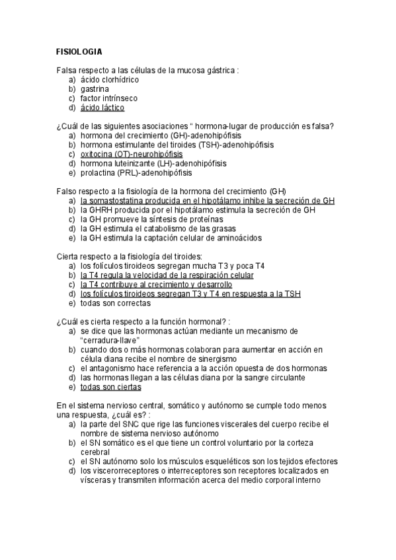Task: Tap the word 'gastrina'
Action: coord(95,88)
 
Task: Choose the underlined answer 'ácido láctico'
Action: coord(102,108)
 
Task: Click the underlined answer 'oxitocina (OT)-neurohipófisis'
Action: coord(132,154)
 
